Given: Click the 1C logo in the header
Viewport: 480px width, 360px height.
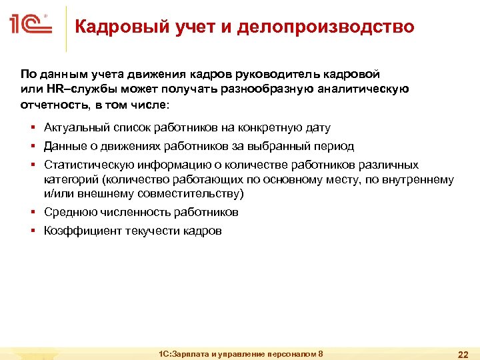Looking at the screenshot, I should coord(31,27).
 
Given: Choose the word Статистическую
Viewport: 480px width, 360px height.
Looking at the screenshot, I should coord(86,165).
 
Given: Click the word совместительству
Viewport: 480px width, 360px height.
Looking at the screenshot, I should coord(192,194).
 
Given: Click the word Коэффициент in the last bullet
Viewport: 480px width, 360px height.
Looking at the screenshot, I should coord(82,231).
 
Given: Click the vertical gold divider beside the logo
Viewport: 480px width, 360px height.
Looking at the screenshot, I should coord(66,28).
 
